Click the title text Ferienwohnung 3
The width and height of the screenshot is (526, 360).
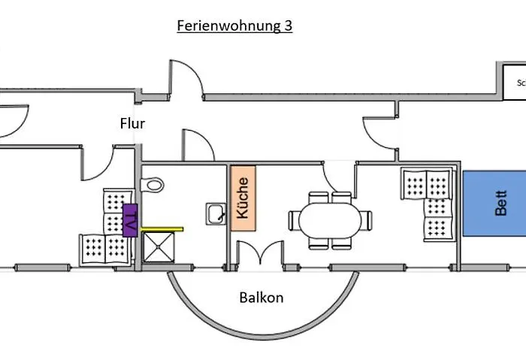[234, 26]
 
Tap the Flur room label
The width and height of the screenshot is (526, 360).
[132, 123]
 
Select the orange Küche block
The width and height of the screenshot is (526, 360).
[243, 198]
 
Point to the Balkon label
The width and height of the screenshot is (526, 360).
[261, 297]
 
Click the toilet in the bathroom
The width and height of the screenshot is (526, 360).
[154, 183]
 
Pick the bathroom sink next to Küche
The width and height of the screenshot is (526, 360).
[215, 213]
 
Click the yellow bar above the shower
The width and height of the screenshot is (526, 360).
[163, 227]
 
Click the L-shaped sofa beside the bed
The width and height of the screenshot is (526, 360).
[428, 204]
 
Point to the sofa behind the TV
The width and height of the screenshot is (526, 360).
[105, 229]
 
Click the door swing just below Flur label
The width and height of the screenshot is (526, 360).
[194, 144]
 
